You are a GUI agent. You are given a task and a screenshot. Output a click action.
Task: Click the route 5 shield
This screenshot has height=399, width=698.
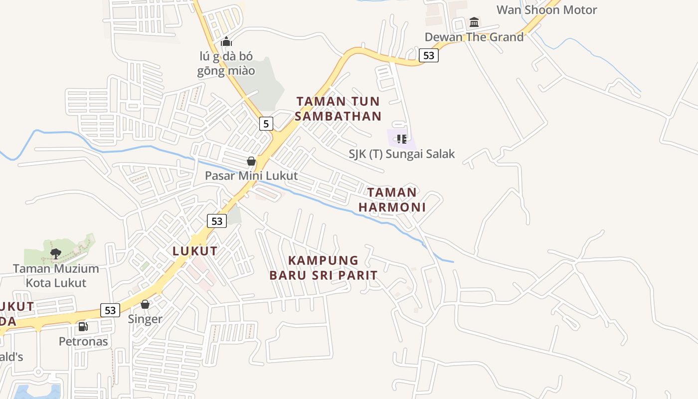pos(266,123)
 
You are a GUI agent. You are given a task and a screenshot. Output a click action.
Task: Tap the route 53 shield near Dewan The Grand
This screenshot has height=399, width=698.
pos(429,55)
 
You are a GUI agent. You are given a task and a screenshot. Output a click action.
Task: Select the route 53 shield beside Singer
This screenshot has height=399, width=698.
pos(110,310)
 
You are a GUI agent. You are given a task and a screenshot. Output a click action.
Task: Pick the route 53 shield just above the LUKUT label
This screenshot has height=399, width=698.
pos(217,221)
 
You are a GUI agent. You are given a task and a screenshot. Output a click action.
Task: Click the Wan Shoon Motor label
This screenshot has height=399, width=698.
pos(546,9)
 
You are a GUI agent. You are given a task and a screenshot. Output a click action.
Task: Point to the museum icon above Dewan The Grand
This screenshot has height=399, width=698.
pos(474,22)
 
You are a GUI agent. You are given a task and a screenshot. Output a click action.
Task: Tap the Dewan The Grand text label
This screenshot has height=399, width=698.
pos(474,37)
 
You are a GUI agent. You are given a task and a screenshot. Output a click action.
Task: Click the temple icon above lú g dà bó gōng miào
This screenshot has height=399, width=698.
pos(226,41)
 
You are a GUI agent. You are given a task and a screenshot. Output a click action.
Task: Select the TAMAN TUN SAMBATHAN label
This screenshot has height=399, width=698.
pos(338,109)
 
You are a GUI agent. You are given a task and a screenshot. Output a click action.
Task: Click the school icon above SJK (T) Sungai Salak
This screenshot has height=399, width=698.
pos(401,139)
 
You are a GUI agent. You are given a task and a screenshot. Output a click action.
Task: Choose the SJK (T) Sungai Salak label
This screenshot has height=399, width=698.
pos(402,154)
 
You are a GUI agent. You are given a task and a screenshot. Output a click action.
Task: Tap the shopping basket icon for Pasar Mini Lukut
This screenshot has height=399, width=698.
pos(251,161)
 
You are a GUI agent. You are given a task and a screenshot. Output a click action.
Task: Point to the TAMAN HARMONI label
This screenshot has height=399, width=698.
pos(392,199)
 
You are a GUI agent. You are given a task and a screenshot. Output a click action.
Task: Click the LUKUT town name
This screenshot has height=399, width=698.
pos(195,251)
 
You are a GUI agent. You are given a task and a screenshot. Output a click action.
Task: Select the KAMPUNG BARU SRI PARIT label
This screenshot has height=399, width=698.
pos(323,268)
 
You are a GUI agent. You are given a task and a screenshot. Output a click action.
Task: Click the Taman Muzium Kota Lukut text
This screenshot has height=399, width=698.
pos(56,276)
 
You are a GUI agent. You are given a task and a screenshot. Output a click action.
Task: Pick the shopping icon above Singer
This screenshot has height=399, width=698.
pos(145,304)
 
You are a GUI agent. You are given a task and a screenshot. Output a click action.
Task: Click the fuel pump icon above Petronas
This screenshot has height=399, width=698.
pos(83,327)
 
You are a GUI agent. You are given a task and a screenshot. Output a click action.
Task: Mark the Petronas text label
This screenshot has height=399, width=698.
pos(83,342)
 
